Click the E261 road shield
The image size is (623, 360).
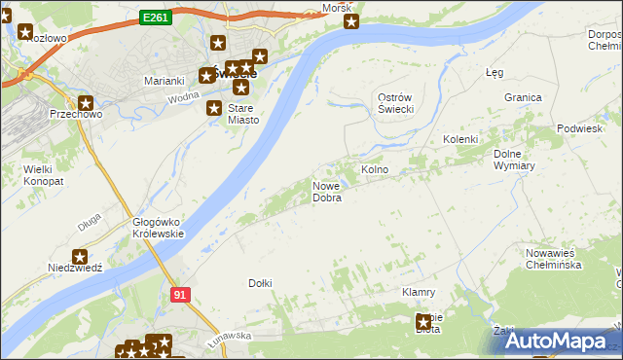pos(155,18)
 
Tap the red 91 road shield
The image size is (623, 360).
pos(178,293)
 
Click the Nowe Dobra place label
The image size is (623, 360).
pos(326,192)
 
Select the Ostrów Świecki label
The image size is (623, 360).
pos(396,102)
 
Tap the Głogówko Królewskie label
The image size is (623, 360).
pos(157,227)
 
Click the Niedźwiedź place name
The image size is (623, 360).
pos(75,268)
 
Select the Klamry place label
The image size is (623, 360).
pos(418,292)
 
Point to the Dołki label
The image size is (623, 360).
pos(260,283)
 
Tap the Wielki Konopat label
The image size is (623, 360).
pos(30,175)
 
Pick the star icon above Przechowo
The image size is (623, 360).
pos(86,102)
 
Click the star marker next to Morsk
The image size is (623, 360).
pos(351,21)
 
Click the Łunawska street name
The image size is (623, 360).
pos(230,335)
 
